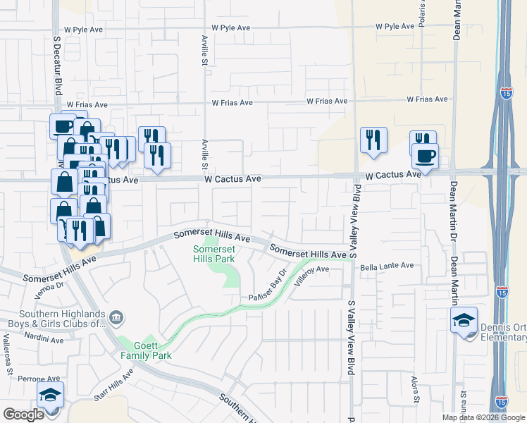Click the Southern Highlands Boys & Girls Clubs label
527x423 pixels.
tap(53, 319)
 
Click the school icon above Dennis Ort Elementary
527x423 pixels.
tap(464, 320)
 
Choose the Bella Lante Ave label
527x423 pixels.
tap(387, 266)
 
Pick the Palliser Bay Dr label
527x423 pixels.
tap(268, 288)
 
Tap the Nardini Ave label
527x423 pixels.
tap(40, 339)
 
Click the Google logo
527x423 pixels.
tap(23, 415)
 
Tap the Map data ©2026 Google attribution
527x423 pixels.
tap(483, 417)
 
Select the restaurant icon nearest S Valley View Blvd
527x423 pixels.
tap(373, 140)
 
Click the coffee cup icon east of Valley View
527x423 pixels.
tap(426, 155)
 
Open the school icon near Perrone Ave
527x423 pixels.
tap(51, 395)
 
